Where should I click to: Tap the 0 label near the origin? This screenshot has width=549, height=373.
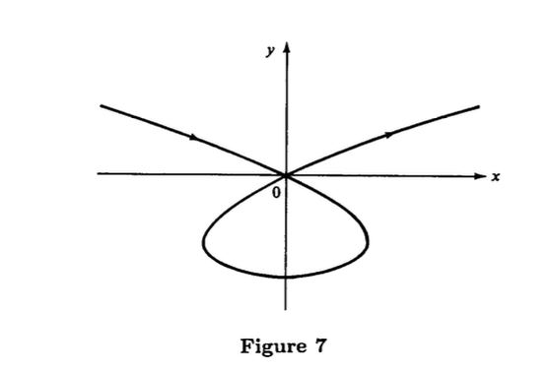[x=276, y=194]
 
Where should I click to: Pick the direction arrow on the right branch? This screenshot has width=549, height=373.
[x=390, y=133]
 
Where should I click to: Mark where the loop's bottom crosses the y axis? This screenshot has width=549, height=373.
[x=286, y=277]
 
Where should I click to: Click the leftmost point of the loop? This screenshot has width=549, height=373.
[x=203, y=241]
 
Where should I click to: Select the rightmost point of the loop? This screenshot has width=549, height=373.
[x=369, y=240]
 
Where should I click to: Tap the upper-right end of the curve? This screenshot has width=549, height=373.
[x=479, y=105]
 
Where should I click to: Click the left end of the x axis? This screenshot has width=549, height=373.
[x=98, y=174]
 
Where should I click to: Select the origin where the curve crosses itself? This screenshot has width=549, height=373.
[x=286, y=174]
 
